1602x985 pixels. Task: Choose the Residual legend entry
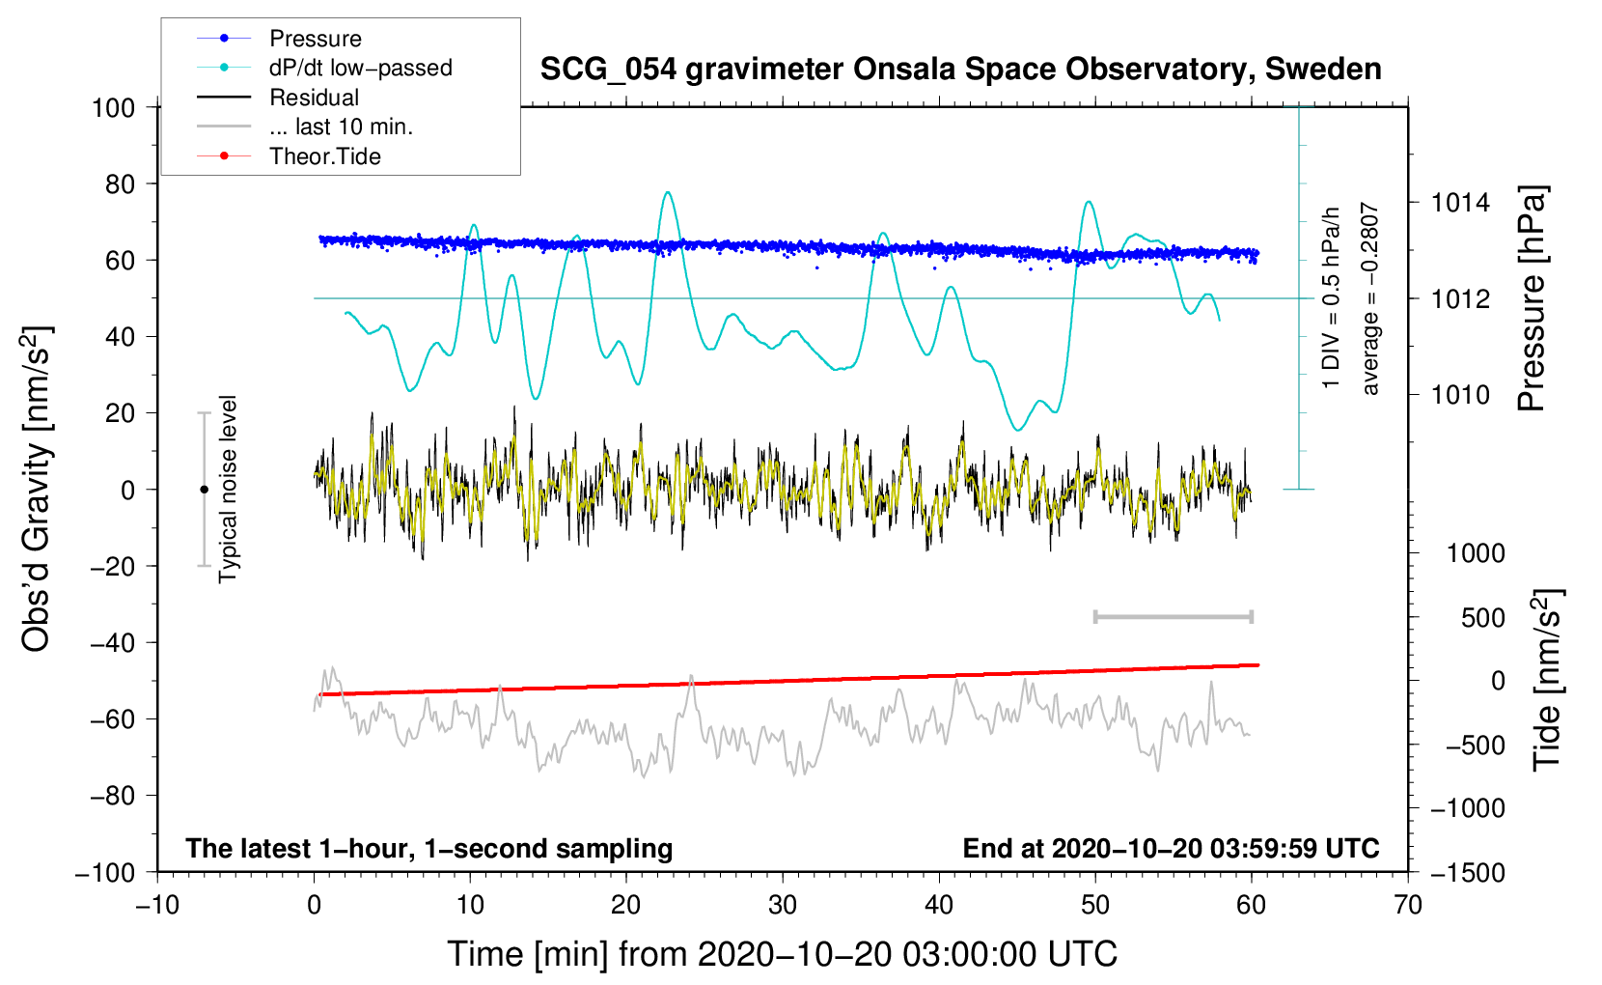pos(314,98)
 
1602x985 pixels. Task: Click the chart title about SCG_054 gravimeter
pos(960,70)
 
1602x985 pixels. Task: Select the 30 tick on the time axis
pos(783,905)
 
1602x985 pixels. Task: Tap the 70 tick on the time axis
pos(1408,905)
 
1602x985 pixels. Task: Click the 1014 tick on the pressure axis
pos(1460,203)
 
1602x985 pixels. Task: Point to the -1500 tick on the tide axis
pos(1468,872)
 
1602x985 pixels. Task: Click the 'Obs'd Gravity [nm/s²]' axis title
pos(37,490)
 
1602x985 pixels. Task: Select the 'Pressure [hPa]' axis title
pos(1532,299)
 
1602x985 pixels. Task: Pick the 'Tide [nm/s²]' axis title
pos(1547,679)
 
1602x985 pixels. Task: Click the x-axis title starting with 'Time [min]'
pos(783,954)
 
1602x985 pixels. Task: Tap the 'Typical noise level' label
pos(228,490)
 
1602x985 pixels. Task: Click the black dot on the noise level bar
pos(204,490)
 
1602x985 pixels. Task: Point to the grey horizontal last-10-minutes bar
pos(1174,616)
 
